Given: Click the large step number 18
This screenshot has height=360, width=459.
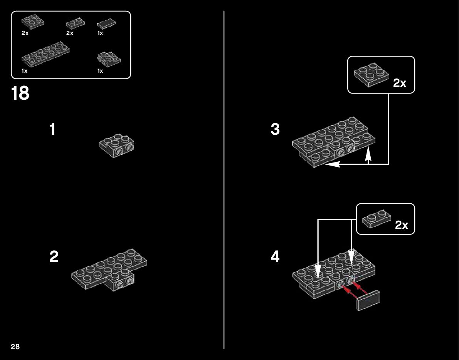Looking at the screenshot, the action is (x=20, y=93).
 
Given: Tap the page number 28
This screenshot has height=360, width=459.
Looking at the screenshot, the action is (x=15, y=347).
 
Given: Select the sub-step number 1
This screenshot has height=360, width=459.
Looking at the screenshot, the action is (x=53, y=130).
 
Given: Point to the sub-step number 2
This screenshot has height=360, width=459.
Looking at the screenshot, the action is (x=54, y=257).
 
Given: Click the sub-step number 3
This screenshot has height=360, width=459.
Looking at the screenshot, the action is (x=275, y=130).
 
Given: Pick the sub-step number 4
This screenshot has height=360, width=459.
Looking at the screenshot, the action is (x=275, y=257).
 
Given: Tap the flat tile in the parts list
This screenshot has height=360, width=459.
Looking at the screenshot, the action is (x=107, y=25).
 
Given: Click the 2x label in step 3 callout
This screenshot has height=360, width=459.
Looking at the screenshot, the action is (x=400, y=83).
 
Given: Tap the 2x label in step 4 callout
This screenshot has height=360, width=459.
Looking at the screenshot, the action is (x=401, y=225).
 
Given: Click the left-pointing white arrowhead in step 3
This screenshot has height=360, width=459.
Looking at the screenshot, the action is (x=331, y=164).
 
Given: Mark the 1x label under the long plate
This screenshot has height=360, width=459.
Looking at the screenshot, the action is (x=25, y=71).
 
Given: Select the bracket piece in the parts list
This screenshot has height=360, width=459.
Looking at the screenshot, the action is (x=109, y=59).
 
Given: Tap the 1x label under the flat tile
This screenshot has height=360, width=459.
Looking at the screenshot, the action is (x=100, y=33).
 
